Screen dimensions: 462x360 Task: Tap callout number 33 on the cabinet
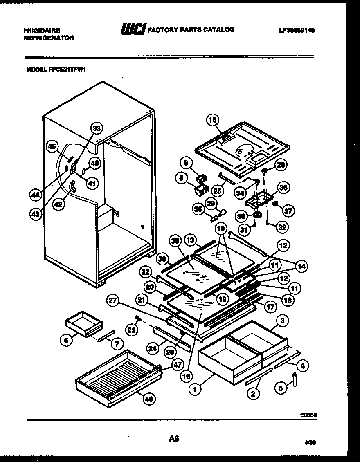pyautogui.click(x=96, y=128)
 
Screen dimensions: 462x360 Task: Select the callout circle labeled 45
pyautogui.click(x=52, y=146)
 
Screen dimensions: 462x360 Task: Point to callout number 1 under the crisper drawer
pyautogui.click(x=195, y=390)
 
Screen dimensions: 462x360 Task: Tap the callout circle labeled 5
pyautogui.click(x=281, y=389)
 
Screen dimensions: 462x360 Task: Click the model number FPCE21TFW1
pyautogui.click(x=56, y=70)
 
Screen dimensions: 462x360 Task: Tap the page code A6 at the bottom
pyautogui.click(x=174, y=439)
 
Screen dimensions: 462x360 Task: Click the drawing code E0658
pyautogui.click(x=309, y=414)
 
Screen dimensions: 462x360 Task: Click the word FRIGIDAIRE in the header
pyautogui.click(x=42, y=30)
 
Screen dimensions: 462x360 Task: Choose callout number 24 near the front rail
pyautogui.click(x=153, y=349)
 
